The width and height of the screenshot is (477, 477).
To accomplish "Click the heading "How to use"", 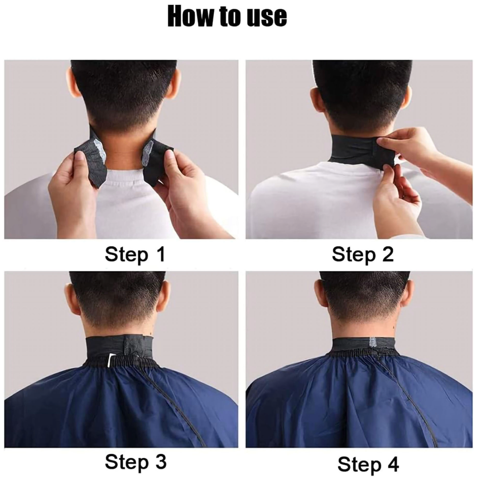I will coord(227,17).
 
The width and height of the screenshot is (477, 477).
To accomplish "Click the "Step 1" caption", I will coord(135,255).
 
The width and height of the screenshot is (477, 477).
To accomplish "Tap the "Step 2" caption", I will coord(362,255).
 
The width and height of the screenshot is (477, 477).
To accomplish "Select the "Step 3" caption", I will coord(136,462).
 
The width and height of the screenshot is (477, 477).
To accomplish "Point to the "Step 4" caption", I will coord(368,464).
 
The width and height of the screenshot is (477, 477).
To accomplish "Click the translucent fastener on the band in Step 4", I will coord(372,342).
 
